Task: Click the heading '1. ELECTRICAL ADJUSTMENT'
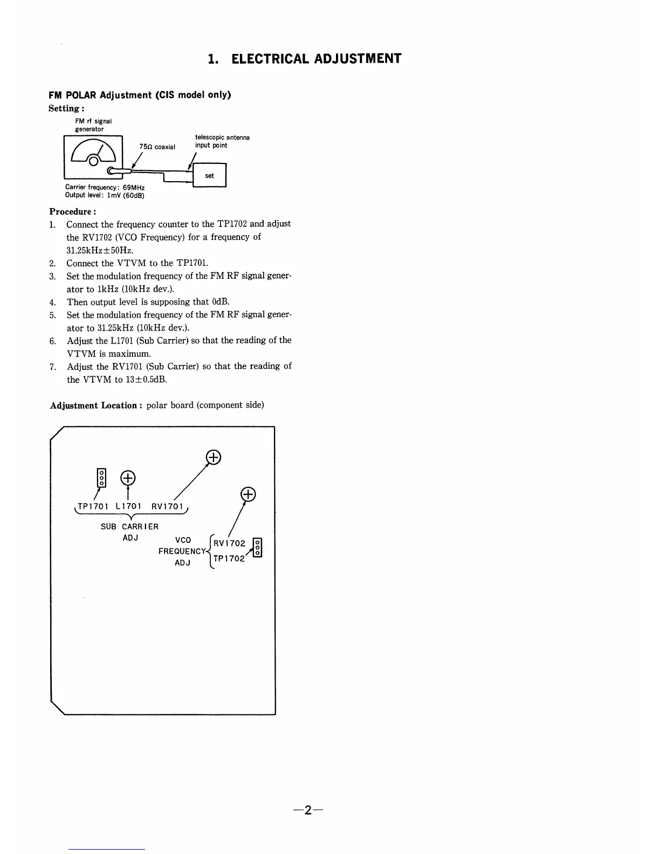[x=305, y=59]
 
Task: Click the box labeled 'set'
[x=210, y=176]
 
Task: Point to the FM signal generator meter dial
[x=94, y=153]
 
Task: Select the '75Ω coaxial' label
[x=157, y=147]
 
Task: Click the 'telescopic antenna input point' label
[x=222, y=141]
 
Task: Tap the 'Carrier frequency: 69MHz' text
[x=105, y=188]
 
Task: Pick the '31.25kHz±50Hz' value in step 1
[x=100, y=250]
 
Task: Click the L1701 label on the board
[x=128, y=507]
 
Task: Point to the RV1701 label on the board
[x=167, y=507]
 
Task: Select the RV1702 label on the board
[x=229, y=543]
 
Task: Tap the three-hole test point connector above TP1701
[x=101, y=478]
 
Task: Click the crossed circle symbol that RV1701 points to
[x=213, y=458]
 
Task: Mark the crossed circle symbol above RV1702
[x=247, y=494]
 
